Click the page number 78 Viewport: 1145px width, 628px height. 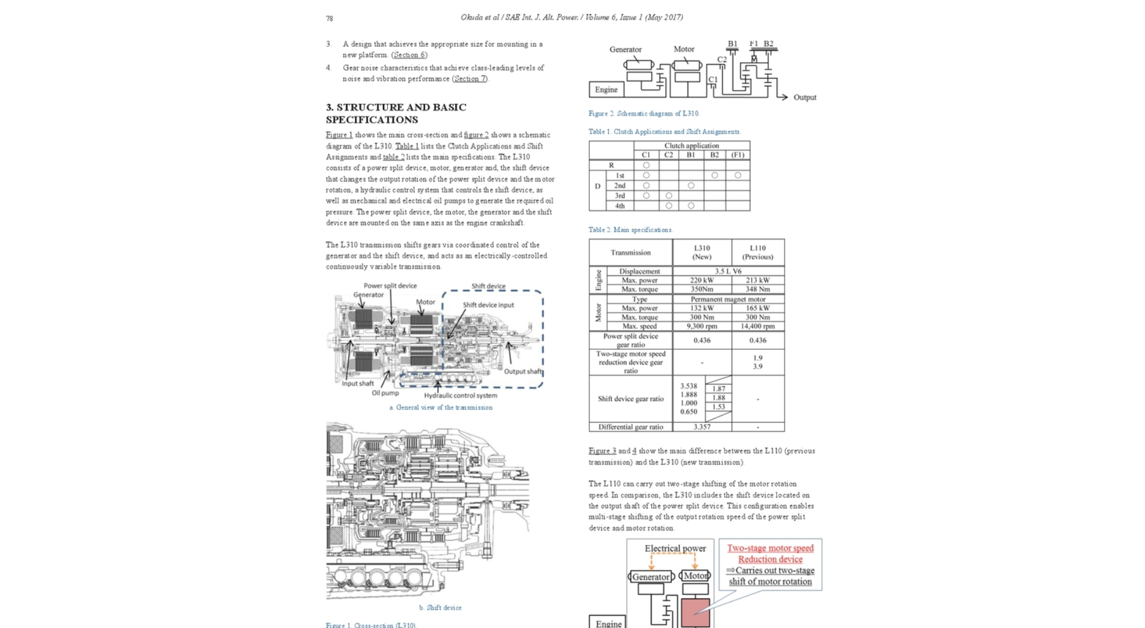[329, 19]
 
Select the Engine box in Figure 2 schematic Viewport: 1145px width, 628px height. [606, 90]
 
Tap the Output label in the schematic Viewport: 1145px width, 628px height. [804, 97]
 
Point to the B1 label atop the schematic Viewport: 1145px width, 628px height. [732, 44]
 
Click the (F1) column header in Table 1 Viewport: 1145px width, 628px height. [738, 155]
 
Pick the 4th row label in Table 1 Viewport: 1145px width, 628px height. [620, 206]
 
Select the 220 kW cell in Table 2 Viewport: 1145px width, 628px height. [702, 280]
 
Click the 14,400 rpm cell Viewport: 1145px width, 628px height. [757, 326]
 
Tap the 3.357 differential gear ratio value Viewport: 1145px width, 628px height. [702, 427]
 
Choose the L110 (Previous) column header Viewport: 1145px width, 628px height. [757, 252]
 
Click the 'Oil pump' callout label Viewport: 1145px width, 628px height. [385, 393]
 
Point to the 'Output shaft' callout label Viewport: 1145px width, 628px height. [523, 371]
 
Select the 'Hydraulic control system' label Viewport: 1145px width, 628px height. [460, 395]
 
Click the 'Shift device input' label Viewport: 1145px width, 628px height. [488, 305]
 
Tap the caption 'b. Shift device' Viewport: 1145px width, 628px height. [440, 608]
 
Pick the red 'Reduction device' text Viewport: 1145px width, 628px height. [770, 559]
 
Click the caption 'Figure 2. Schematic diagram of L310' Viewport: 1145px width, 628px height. [643, 113]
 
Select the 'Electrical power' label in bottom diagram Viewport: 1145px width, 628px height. [675, 549]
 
